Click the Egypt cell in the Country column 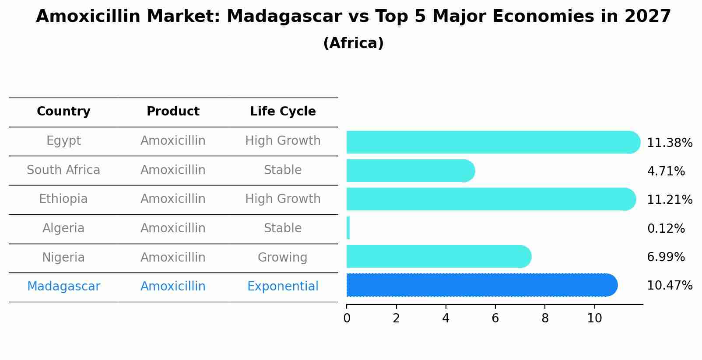(63, 141)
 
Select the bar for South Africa (409, 171)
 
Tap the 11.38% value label (669, 143)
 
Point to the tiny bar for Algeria (348, 228)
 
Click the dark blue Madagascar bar (479, 285)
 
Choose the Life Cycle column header (283, 112)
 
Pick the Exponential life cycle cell (283, 287)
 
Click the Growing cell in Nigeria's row (282, 258)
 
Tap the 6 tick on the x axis (495, 318)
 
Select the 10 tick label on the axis (594, 318)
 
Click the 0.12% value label (666, 229)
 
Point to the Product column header (173, 112)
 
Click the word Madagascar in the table (63, 287)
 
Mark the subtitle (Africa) (353, 43)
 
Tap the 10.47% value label (669, 286)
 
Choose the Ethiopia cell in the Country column (63, 199)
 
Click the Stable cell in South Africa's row (283, 170)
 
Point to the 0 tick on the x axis (347, 318)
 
